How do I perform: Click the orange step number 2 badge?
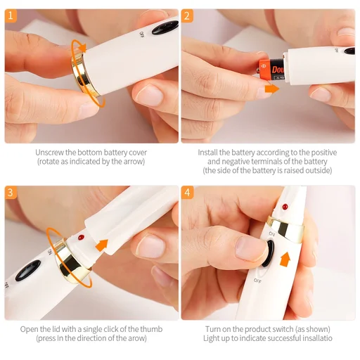click(x=187, y=15)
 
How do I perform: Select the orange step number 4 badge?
click(x=187, y=192)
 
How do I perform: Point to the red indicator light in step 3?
click(x=82, y=238)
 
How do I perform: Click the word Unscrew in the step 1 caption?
click(x=51, y=152)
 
